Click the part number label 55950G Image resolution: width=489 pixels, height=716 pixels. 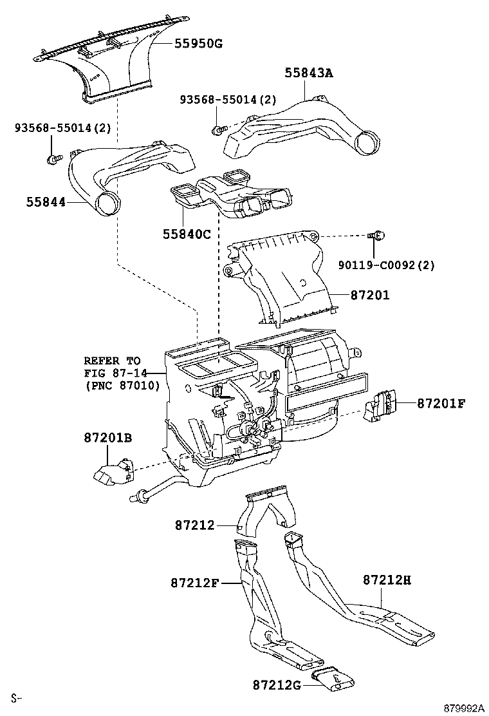[198, 43]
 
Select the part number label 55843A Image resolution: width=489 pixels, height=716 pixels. [309, 73]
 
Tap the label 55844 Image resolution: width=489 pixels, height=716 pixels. [46, 202]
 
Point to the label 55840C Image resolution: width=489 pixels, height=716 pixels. [187, 234]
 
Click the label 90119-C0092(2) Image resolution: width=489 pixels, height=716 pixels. [387, 265]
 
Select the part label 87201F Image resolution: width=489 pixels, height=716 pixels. [441, 404]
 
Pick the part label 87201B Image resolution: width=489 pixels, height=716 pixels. [107, 438]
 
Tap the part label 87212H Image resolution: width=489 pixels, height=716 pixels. [386, 579]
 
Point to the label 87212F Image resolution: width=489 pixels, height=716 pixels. [196, 583]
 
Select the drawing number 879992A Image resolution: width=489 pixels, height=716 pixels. [462, 708]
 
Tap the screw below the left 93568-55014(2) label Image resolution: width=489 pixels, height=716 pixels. [53, 157]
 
